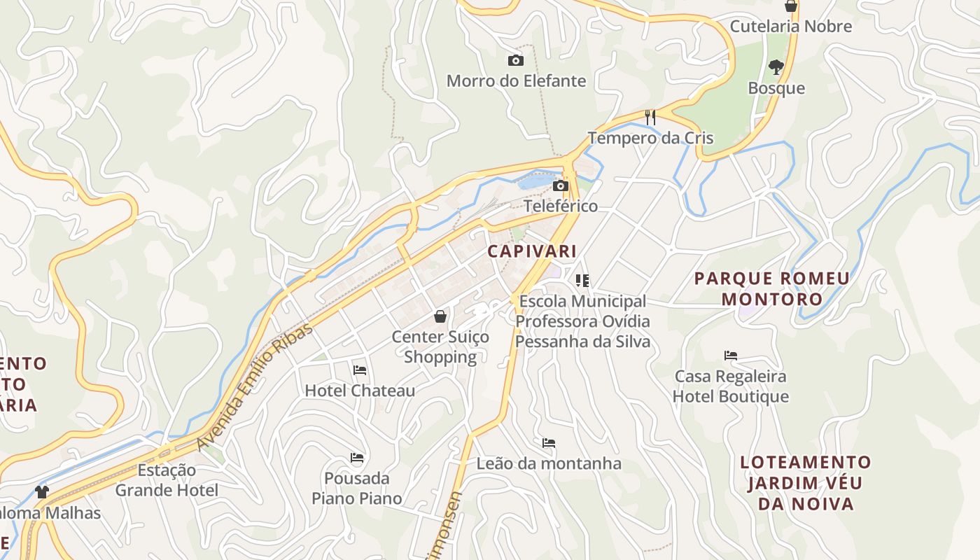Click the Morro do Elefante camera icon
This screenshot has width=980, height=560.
point(515,61)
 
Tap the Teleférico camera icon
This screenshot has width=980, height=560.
point(560,186)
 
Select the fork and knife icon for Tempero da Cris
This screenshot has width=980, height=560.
point(650,117)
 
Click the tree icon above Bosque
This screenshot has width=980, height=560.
point(776,67)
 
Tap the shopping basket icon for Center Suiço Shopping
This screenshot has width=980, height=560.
point(440,316)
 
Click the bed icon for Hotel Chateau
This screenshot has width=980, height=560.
point(360,370)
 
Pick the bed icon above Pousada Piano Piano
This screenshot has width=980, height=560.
point(357,458)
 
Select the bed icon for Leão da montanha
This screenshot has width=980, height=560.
point(549,443)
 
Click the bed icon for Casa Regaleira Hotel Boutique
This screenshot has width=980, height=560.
point(731,356)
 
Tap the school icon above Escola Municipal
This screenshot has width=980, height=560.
point(582,281)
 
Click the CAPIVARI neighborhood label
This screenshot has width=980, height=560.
point(532,251)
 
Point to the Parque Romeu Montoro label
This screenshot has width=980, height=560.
point(772,288)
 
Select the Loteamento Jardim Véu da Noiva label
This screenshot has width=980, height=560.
point(806,483)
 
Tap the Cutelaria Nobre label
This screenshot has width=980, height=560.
point(791,27)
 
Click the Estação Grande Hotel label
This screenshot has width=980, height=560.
point(167,480)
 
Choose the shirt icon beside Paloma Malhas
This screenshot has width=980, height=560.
point(42,492)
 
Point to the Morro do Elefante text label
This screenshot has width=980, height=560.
point(516,81)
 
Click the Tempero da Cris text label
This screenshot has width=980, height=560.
point(650,138)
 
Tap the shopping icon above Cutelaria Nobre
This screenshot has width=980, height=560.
point(791,6)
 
